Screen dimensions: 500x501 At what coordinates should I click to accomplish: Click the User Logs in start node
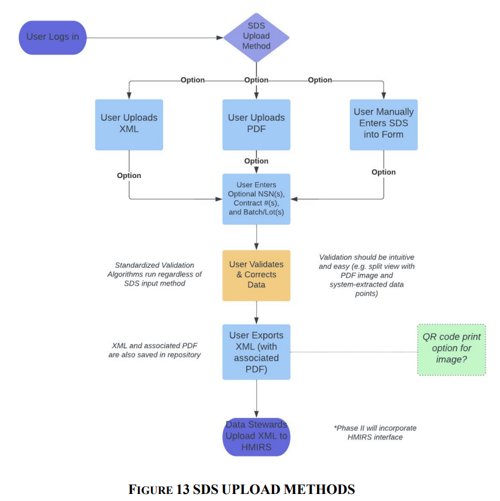coord(53,37)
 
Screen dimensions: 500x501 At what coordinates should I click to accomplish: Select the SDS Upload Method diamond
coord(256,37)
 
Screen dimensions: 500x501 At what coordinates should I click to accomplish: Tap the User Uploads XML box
coord(129,125)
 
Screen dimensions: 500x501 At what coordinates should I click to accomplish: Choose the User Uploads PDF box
coord(256,125)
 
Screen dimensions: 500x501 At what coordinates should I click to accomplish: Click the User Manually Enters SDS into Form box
coord(384,125)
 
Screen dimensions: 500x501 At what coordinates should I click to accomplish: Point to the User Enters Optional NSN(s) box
coord(256,199)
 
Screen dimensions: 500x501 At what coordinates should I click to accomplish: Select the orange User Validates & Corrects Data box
coord(256,276)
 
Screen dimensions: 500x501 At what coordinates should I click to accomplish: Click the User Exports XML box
coord(256,352)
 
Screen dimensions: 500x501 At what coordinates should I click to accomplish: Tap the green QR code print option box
coord(451,350)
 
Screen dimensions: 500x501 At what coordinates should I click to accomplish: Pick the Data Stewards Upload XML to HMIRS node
coord(256,437)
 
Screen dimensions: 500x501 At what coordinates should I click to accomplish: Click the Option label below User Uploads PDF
coord(256,161)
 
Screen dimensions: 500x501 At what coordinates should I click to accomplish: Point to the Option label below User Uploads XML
coord(129,176)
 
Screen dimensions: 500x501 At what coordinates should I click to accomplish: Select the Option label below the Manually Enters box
coord(384,172)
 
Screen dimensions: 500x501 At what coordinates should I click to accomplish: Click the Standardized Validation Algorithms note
coord(154,274)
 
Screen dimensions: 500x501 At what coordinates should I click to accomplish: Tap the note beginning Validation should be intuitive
coord(367,275)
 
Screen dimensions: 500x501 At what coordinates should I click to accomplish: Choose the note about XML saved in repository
coord(154,350)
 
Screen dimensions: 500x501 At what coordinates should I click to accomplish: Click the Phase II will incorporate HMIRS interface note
coord(375,433)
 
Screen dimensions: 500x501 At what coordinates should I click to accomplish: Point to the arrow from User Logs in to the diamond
coord(155,37)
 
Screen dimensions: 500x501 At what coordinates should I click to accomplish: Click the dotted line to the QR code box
coord(354,352)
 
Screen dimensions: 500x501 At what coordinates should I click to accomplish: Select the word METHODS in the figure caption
coord(319,489)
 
